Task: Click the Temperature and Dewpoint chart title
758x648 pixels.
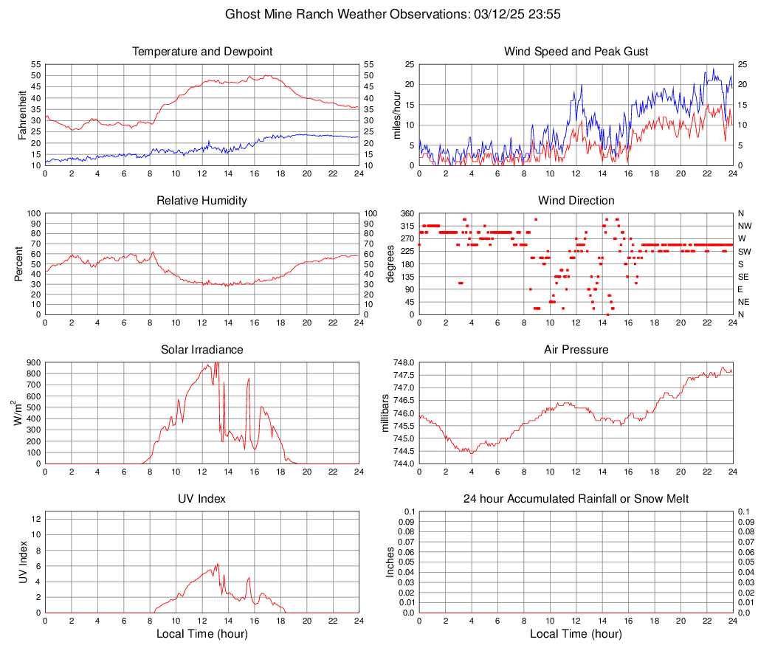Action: point(201,52)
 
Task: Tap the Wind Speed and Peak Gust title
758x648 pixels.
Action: point(576,52)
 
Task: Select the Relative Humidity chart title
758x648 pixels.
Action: point(201,201)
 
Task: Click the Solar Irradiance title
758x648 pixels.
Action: point(201,350)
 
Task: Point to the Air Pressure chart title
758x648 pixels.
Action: point(576,350)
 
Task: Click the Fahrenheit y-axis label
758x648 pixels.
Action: point(21,115)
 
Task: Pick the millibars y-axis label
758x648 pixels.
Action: point(385,413)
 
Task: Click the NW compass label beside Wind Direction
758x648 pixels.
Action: point(745,226)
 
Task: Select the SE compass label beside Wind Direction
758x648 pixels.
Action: point(744,277)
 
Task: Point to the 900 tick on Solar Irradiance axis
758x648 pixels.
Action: point(32,362)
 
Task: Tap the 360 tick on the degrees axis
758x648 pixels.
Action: point(405,213)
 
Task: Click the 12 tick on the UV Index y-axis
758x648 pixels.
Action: point(35,519)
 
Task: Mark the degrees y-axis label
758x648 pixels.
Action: point(390,264)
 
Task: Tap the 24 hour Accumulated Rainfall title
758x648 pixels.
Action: point(576,499)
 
